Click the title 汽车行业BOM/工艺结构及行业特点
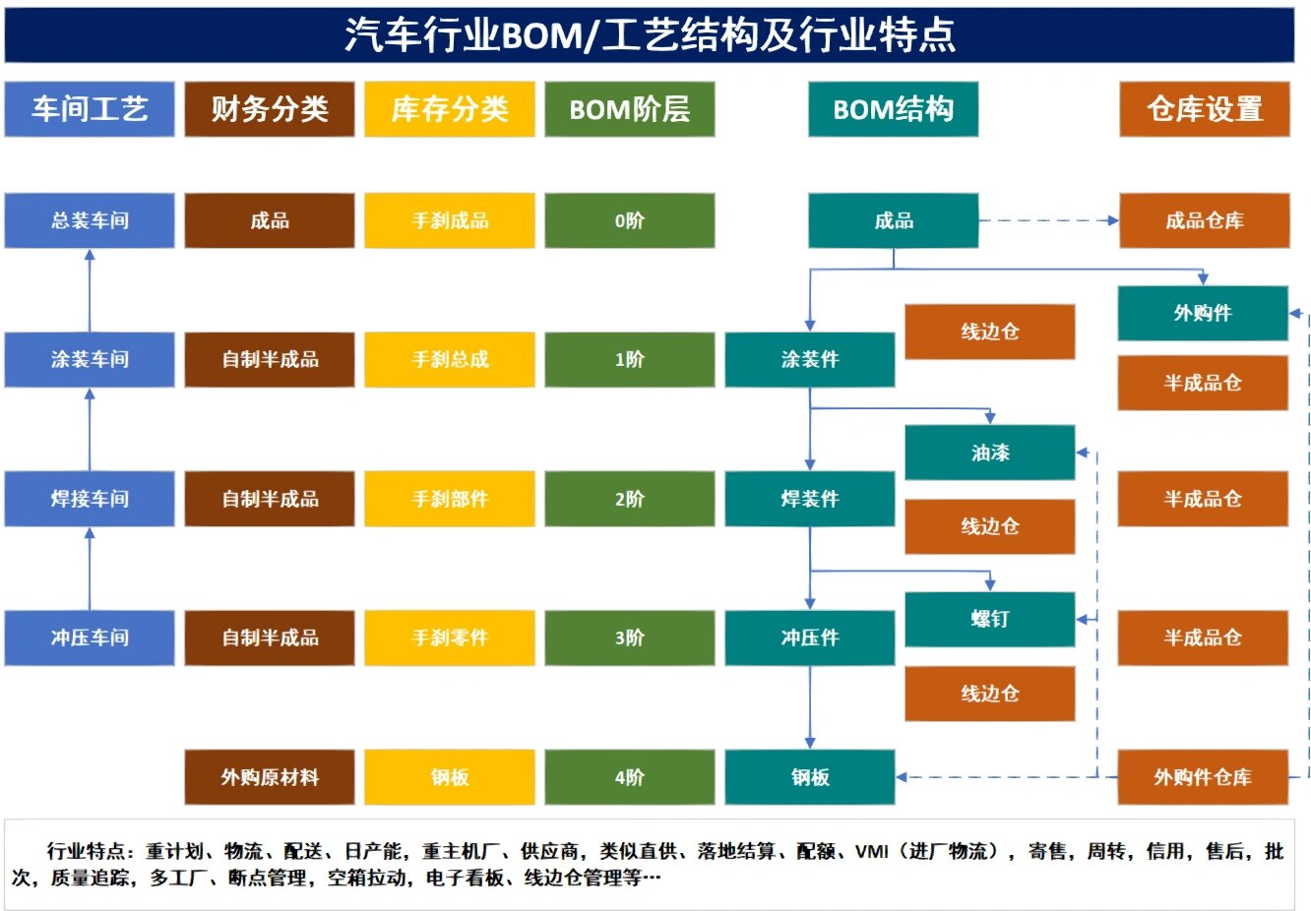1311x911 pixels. coord(650,34)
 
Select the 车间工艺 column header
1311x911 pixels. coord(90,109)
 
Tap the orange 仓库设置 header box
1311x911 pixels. coord(1205,109)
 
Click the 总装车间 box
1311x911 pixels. coord(90,220)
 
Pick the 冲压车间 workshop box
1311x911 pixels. coord(90,638)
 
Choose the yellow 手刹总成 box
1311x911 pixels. coord(450,359)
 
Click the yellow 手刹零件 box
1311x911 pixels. coord(450,638)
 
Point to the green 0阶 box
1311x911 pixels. coord(630,220)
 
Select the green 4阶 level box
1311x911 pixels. coord(630,777)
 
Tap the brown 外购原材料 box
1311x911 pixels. coord(270,777)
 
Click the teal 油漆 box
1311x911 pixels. coord(990,453)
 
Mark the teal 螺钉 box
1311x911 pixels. coord(990,619)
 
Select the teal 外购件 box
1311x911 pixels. coord(1203,313)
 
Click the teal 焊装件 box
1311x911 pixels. coord(810,499)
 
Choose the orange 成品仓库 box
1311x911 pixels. coord(1205,220)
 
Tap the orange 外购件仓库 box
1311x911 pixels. coord(1203,777)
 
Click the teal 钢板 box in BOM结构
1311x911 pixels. coord(810,777)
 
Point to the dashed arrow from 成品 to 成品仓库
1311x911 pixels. coord(1048,220)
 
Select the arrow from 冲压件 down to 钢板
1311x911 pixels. coord(810,706)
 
